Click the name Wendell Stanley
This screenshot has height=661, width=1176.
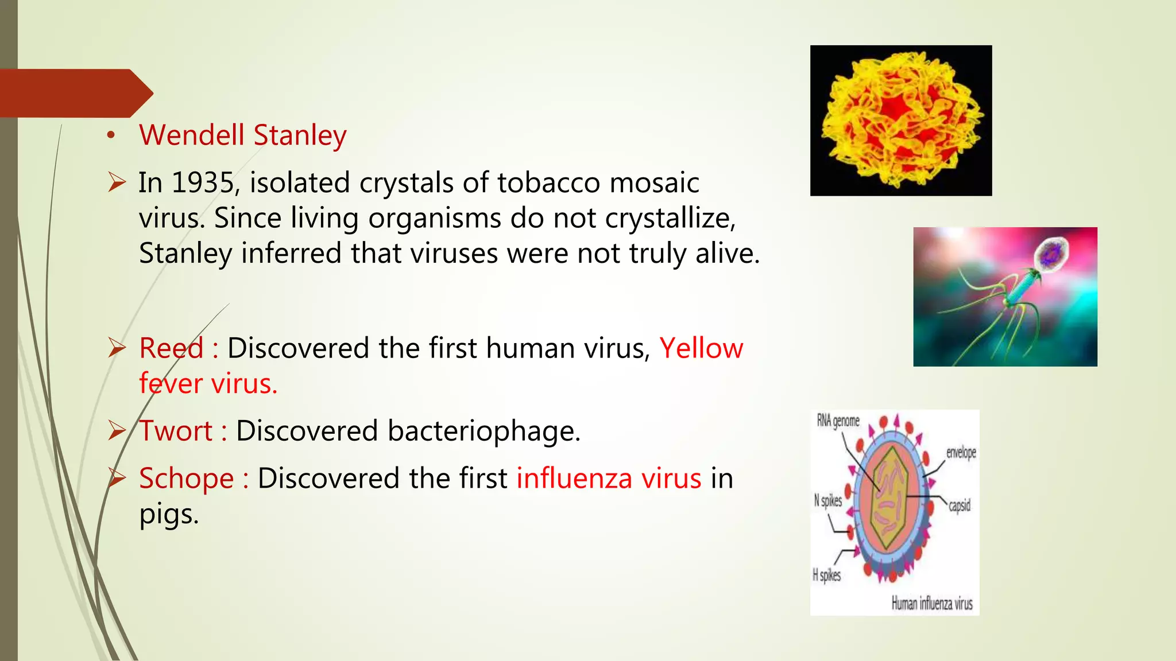(242, 136)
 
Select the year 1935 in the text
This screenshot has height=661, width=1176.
(203, 183)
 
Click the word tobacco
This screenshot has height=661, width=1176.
(548, 183)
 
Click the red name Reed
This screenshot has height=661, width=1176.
(171, 348)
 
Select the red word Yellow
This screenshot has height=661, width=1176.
(701, 348)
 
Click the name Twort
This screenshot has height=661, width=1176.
(176, 431)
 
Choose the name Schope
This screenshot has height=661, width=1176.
(186, 479)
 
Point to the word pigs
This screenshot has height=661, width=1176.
(168, 514)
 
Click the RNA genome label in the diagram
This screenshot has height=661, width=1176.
(838, 421)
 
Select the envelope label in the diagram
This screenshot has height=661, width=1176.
(961, 453)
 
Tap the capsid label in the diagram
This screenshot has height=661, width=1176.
(959, 506)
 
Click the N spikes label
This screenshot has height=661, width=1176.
(827, 501)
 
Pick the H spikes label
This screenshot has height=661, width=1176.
(826, 575)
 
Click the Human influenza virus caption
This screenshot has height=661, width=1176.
(931, 604)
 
